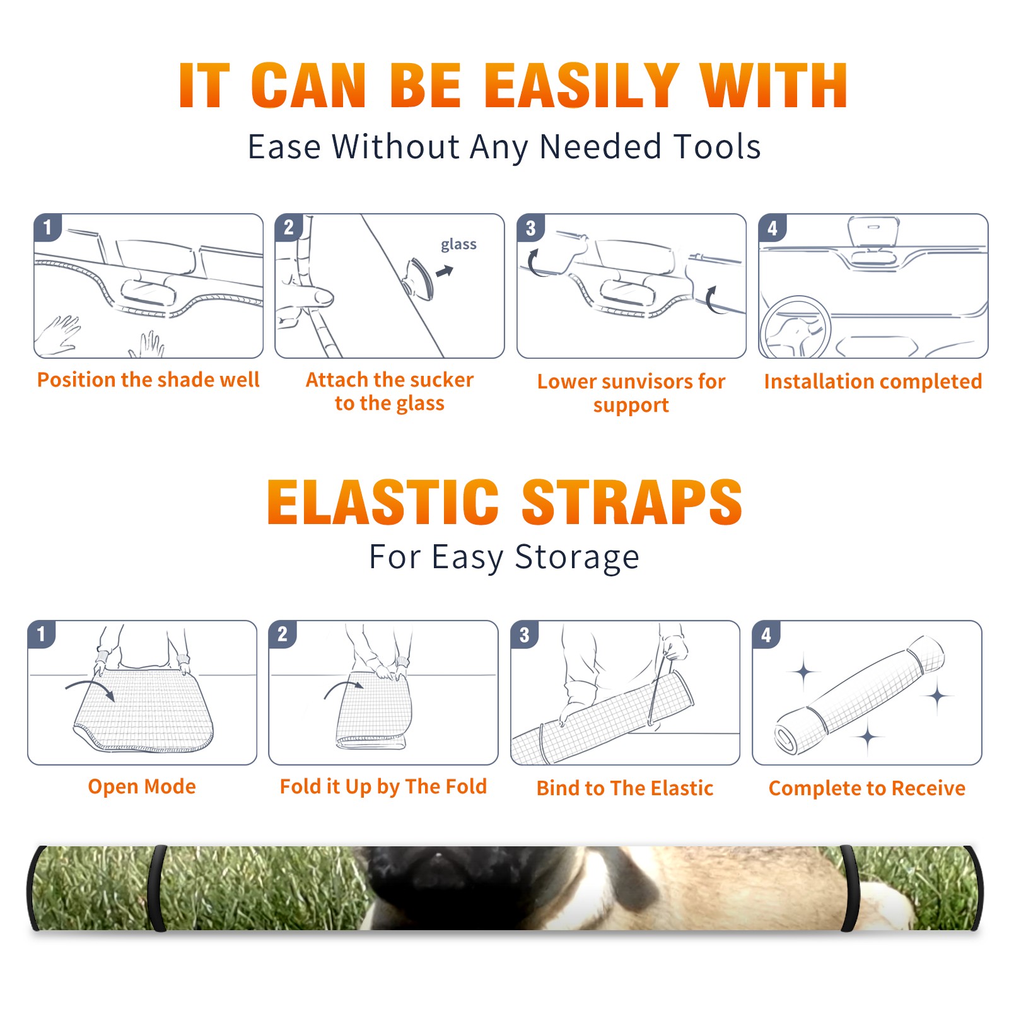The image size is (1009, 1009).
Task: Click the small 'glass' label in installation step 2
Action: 458,245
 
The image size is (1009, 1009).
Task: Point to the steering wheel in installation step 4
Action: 795,327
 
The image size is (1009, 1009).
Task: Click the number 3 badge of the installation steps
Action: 530,228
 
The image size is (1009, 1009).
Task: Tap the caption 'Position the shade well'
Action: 148,380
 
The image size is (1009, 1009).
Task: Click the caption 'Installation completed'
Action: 873,382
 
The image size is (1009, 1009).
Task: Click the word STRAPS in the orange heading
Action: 632,502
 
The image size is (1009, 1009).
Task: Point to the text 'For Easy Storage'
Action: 504,557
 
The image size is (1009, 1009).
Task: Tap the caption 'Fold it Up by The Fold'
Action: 383,787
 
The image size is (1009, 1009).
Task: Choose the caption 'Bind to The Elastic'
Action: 625,788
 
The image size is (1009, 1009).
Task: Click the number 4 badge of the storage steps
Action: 766,634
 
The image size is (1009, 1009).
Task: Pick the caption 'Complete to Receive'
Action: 867,789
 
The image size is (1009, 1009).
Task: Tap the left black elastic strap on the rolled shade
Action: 157,888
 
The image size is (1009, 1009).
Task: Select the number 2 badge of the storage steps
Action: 282,634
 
